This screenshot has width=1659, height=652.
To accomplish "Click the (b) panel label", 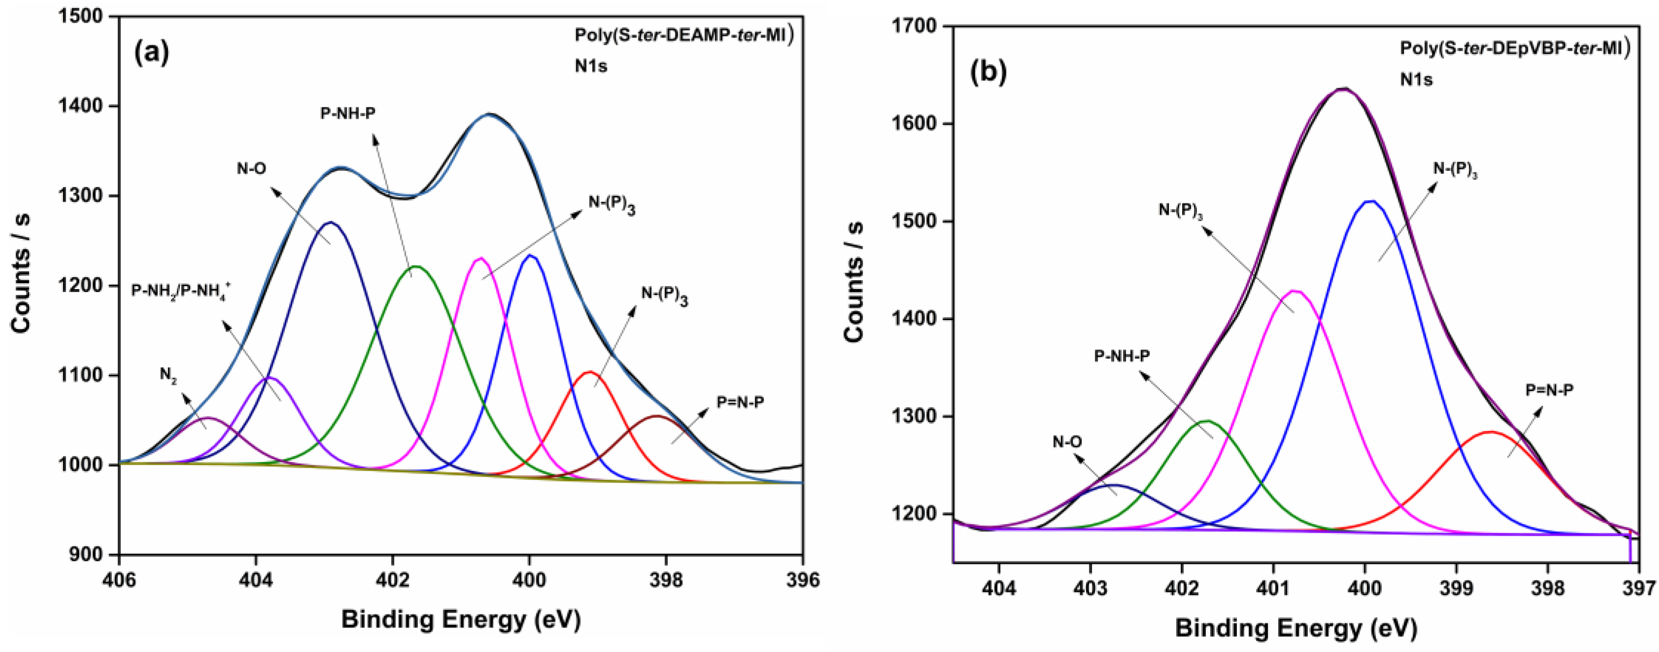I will (x=988, y=73).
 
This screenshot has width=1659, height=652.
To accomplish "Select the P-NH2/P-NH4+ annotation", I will (x=181, y=290).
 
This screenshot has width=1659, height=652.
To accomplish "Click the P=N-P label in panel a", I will (x=740, y=403).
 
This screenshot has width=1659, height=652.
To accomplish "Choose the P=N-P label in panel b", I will (x=1549, y=390).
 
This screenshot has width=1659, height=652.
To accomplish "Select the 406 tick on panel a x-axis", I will (x=120, y=580).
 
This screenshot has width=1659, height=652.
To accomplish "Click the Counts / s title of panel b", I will (x=853, y=281).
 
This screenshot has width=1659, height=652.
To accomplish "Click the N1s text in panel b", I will (x=1416, y=80).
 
